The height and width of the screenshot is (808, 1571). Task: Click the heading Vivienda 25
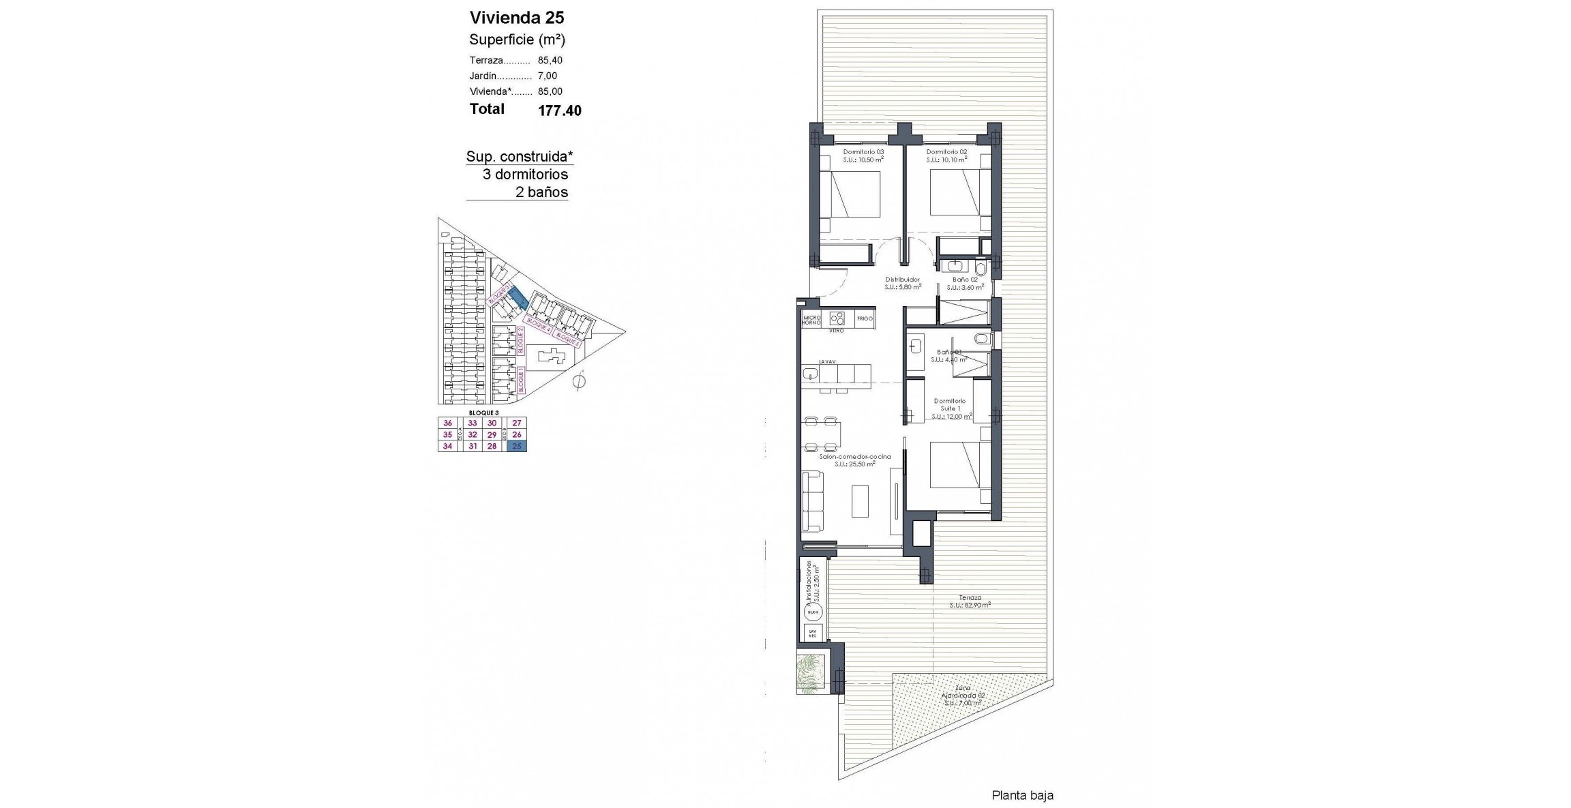pyautogui.click(x=517, y=18)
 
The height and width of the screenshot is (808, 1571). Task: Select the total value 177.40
pyautogui.click(x=559, y=111)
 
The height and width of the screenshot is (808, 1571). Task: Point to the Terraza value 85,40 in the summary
pyautogui.click(x=550, y=61)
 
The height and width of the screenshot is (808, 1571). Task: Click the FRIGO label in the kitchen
pyautogui.click(x=865, y=318)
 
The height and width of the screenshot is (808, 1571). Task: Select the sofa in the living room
pyautogui.click(x=812, y=501)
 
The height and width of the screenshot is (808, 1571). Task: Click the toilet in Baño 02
pyautogui.click(x=981, y=267)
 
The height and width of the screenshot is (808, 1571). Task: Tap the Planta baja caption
pyautogui.click(x=1022, y=795)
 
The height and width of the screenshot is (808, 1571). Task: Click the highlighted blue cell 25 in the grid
pyautogui.click(x=517, y=446)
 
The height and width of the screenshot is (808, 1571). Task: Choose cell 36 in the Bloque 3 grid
pyautogui.click(x=447, y=423)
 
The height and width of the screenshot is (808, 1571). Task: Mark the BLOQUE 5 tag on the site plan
pyautogui.click(x=567, y=339)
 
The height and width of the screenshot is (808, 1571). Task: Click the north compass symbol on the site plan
pyautogui.click(x=579, y=381)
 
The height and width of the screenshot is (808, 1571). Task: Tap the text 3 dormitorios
pyautogui.click(x=525, y=175)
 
